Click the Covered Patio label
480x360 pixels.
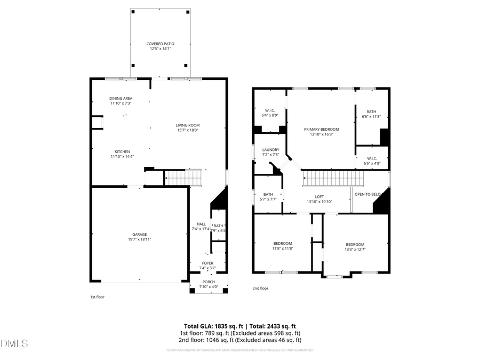click(161, 44)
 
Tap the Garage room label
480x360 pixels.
click(139, 234)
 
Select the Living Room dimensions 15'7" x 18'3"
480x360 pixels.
click(188, 130)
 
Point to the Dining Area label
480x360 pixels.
click(121, 98)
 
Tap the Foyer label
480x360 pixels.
click(207, 263)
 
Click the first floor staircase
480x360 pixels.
click(183, 178)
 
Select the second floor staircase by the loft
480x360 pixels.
click(326, 178)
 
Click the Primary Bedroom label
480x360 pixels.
click(322, 129)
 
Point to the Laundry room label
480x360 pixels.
click(270, 150)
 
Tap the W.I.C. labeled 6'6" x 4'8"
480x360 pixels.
click(372, 158)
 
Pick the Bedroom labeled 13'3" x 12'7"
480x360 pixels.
click(355, 244)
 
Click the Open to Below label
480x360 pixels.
click(369, 194)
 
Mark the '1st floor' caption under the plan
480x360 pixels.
click(97, 297)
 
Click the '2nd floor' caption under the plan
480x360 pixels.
click(260, 289)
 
